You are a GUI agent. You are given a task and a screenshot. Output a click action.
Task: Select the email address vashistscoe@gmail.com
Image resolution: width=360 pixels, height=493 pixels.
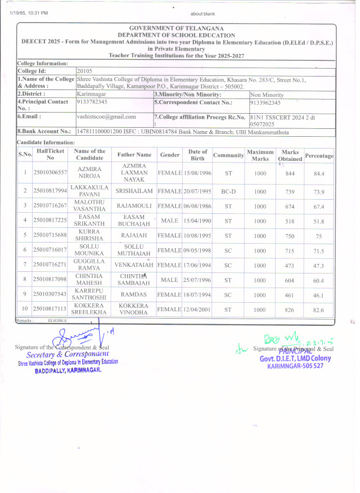click(x=106, y=116)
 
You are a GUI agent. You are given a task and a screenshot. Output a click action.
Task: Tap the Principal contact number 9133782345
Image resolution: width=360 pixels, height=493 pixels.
click(x=92, y=102)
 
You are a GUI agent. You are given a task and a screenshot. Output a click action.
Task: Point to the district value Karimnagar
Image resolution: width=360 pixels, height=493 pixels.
click(x=91, y=95)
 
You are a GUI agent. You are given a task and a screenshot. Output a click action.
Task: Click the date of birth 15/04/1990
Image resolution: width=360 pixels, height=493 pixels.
click(x=197, y=221)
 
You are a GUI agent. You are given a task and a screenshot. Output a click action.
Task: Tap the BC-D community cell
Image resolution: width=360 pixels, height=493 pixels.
click(x=228, y=192)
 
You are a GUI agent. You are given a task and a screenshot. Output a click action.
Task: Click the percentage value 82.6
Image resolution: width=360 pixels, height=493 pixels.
click(x=319, y=310)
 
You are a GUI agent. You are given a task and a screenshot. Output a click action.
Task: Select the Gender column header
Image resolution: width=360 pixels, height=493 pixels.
click(x=170, y=154)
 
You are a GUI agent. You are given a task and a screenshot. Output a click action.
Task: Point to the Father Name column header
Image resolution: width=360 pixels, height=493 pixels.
click(x=134, y=154)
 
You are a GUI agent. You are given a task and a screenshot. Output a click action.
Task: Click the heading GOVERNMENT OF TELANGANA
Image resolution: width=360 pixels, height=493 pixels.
click(x=176, y=28)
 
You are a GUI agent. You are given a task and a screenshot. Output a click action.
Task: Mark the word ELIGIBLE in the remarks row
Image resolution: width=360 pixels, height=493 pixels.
click(x=57, y=320)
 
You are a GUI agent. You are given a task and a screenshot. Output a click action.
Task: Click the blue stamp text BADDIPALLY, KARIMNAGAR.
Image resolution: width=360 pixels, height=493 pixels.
click(x=67, y=371)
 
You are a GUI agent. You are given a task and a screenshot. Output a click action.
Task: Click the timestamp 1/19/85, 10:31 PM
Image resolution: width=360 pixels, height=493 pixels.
click(x=29, y=12)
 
